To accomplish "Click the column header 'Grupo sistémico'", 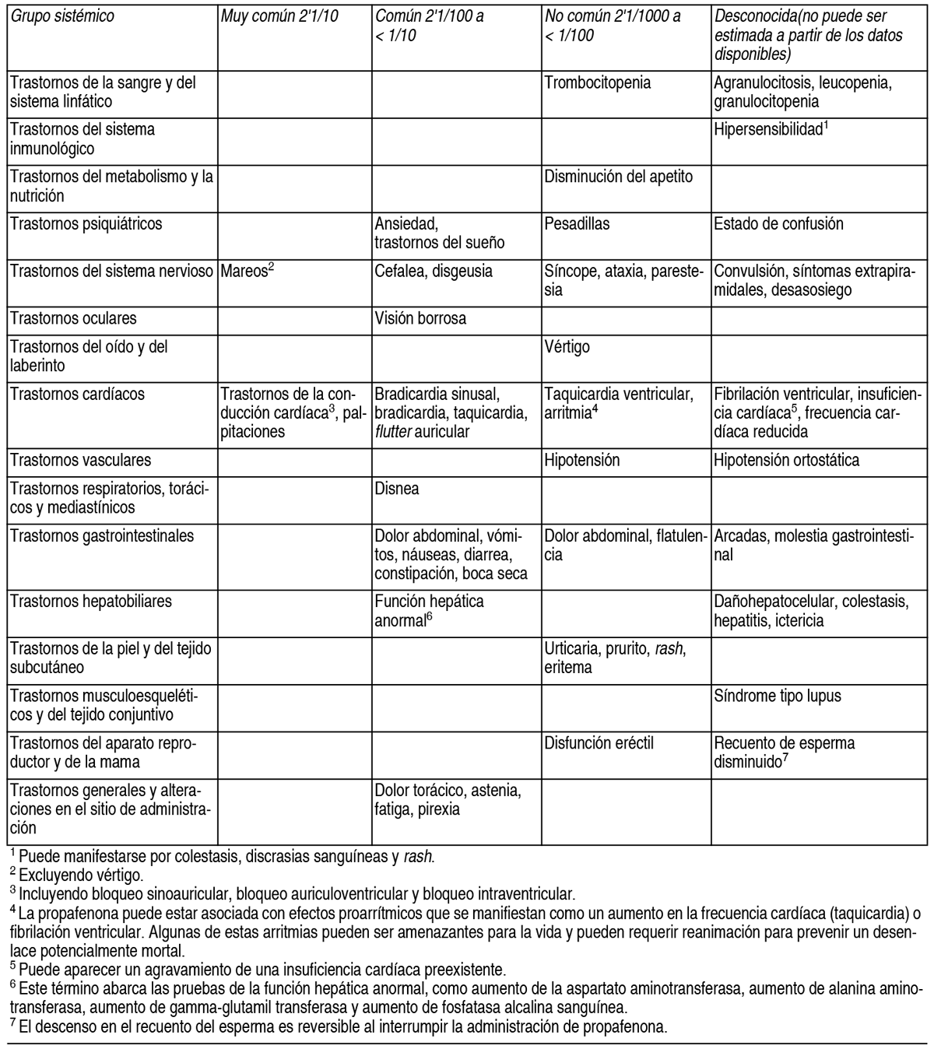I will pyautogui.click(x=62, y=16).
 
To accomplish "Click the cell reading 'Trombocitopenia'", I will pyautogui.click(x=598, y=82).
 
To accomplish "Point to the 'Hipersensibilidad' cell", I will pyautogui.click(x=768, y=130).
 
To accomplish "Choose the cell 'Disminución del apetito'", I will pyautogui.click(x=618, y=177).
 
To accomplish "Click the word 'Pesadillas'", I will pyautogui.click(x=577, y=224).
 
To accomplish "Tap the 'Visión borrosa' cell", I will pyautogui.click(x=420, y=318).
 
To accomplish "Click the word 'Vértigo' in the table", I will pyautogui.click(x=567, y=347).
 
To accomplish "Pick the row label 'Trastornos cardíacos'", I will pyautogui.click(x=77, y=394).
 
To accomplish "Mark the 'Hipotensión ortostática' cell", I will pyautogui.click(x=786, y=460).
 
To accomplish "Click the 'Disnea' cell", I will pyautogui.click(x=397, y=489).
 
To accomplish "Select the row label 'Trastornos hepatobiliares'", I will pyautogui.click(x=91, y=602).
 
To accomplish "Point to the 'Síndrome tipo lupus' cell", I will pyautogui.click(x=777, y=696).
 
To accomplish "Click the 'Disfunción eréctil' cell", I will pyautogui.click(x=599, y=743).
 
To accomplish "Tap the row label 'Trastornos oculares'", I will pyautogui.click(x=73, y=318).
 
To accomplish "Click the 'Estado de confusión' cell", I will pyautogui.click(x=778, y=224).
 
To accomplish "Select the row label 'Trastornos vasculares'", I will pyautogui.click(x=80, y=460).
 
